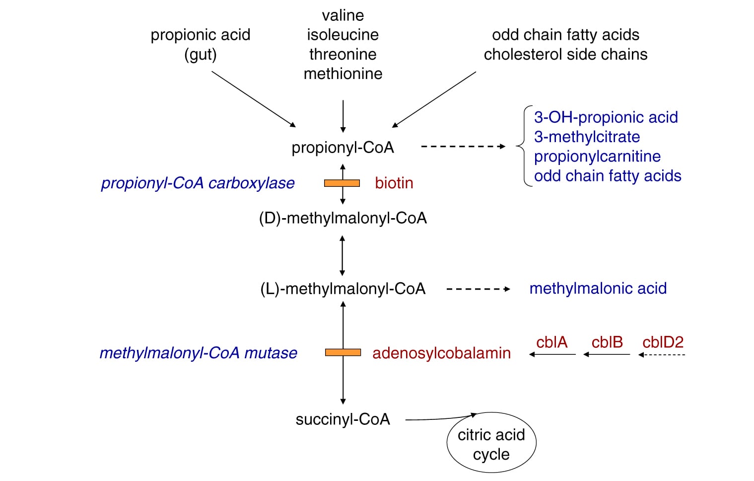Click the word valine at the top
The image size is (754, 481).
pos(343,15)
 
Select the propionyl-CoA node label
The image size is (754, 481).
pos(343,148)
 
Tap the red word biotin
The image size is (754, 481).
pos(394,183)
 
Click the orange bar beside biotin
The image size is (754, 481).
pos(342,183)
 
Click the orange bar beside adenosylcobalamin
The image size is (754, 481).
pos(343,352)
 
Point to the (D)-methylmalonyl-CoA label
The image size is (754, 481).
pos(343,218)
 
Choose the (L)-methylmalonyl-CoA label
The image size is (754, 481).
pos(343,289)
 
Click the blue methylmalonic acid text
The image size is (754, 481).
pos(598,289)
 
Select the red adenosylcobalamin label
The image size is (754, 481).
pos(441,353)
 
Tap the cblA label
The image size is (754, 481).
pos(551,342)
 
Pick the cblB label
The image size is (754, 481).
pos(607,342)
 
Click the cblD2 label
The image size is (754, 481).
pos(663,342)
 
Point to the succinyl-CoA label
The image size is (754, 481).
pos(343,419)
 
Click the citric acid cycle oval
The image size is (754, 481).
pos(491,444)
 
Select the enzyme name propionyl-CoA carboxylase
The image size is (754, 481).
pos(198,183)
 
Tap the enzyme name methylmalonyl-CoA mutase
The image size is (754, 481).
pos(198,353)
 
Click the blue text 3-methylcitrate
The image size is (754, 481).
pos(587,137)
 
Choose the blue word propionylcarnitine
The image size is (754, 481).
pos(597,157)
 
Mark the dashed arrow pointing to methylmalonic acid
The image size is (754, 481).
pos(478,289)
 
